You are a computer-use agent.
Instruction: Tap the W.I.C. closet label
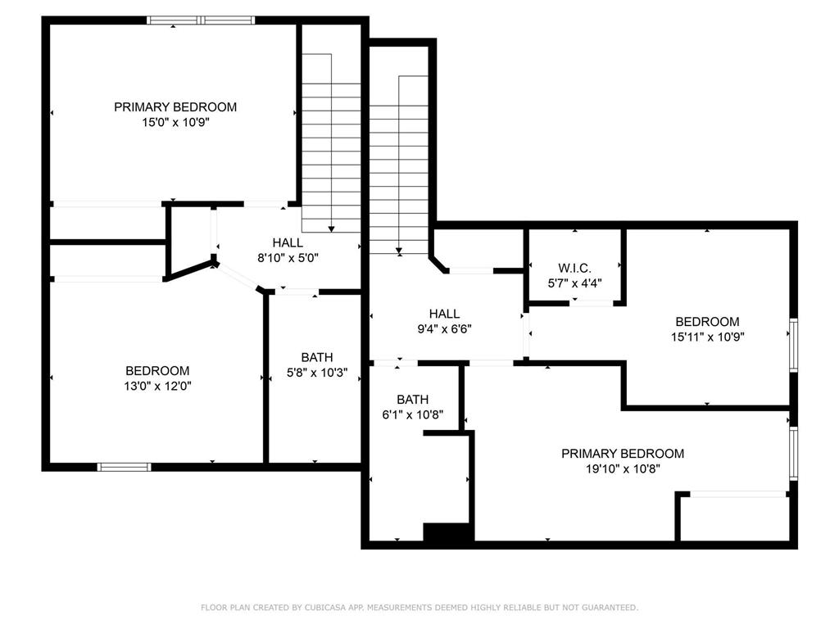coord(574,268)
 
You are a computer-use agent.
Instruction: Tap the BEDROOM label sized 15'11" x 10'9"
coord(706,322)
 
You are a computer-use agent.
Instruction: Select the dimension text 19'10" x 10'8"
coord(622,468)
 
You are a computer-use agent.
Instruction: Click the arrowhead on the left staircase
coord(331,229)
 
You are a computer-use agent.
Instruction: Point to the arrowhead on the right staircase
coord(399,251)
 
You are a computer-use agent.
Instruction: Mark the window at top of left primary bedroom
coord(201,20)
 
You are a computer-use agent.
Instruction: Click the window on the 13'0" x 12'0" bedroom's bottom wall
coord(125,467)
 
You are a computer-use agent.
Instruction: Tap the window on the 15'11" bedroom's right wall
coord(792,345)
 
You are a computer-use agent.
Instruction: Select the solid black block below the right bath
coord(447,532)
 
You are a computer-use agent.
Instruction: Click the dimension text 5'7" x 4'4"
coord(574,283)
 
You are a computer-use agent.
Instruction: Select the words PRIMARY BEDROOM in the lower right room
coord(622,454)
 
